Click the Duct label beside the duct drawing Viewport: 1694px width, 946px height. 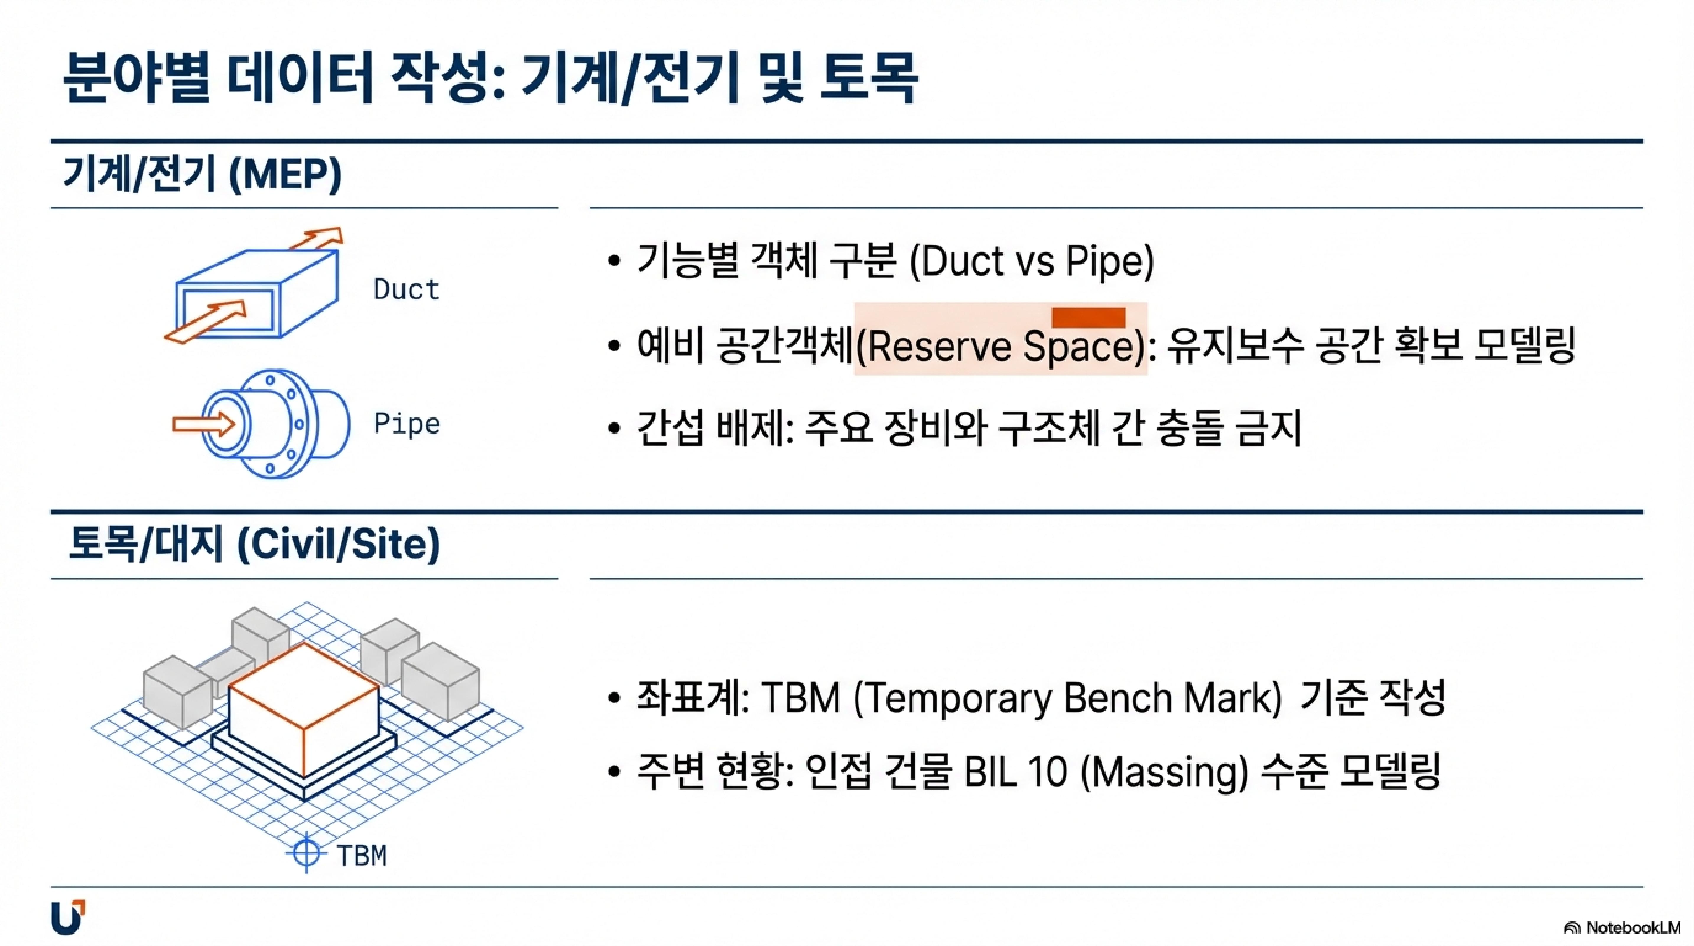406,289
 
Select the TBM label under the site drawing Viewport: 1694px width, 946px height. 362,855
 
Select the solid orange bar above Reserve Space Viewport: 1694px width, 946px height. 1088,317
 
